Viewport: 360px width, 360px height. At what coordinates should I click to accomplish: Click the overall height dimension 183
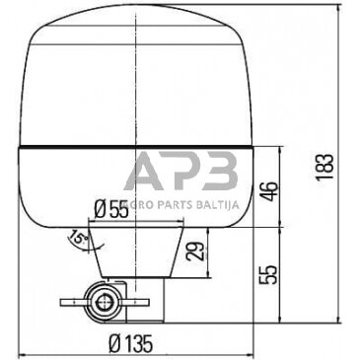tap(325, 167)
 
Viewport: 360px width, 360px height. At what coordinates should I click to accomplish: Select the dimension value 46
tap(270, 191)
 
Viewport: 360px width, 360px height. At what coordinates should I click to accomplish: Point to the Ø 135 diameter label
tap(130, 343)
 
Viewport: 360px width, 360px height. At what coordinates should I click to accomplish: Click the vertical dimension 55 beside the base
tap(269, 275)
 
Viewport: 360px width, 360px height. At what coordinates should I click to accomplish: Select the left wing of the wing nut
tap(73, 302)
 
